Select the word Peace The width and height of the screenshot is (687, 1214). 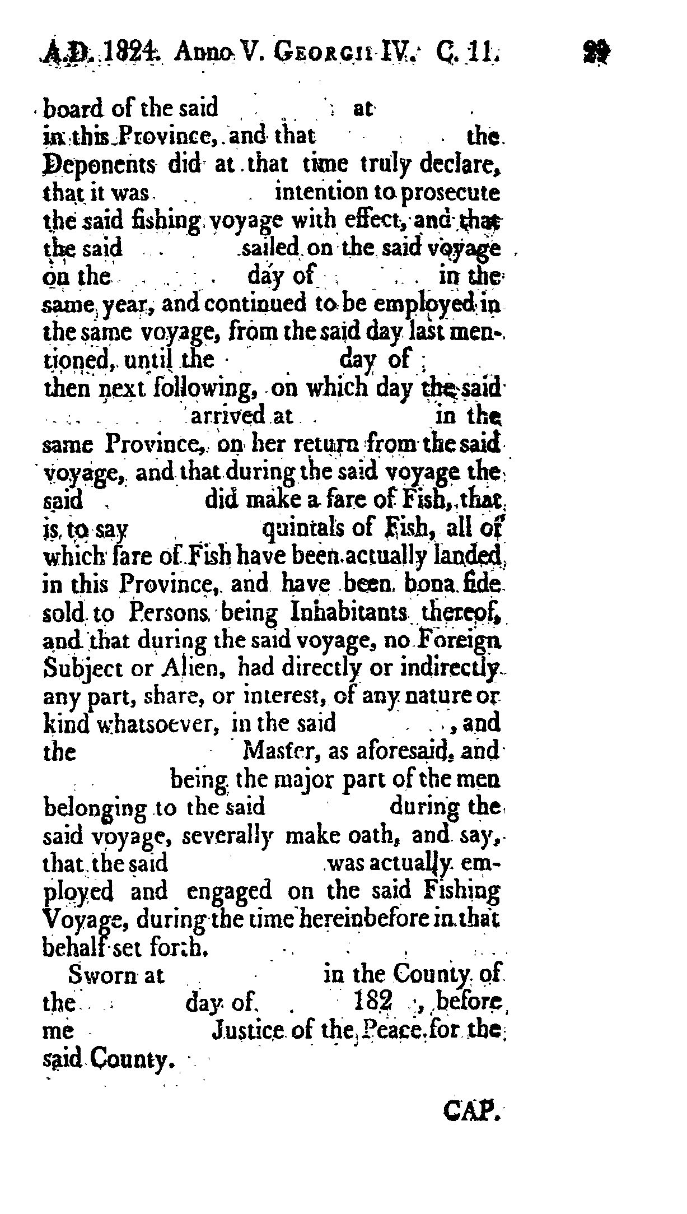[x=396, y=1030]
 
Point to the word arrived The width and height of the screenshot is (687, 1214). [x=227, y=416]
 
